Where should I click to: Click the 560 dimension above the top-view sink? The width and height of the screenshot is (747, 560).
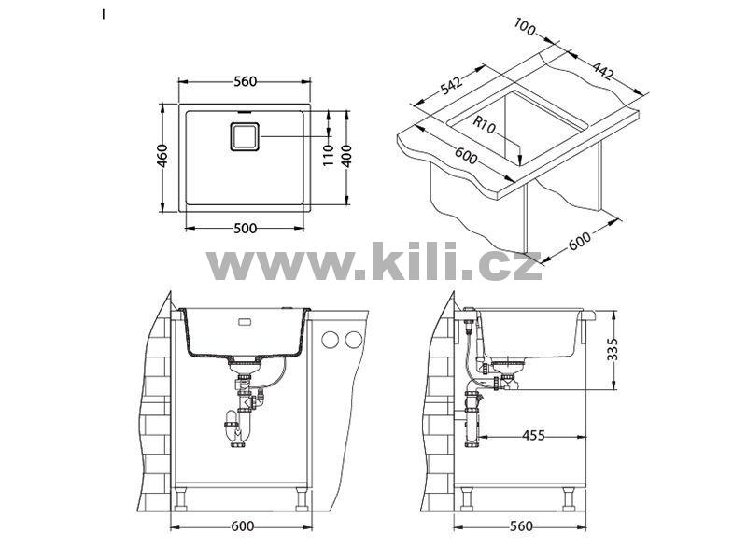[245, 81]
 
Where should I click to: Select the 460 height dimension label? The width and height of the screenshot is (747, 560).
[162, 156]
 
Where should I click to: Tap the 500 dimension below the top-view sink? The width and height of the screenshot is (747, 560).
[246, 229]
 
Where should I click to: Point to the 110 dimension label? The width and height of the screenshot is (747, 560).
[329, 155]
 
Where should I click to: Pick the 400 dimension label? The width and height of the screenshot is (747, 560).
[346, 155]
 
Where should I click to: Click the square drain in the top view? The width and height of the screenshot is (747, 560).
[245, 136]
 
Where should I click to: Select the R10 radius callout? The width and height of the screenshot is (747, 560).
[485, 125]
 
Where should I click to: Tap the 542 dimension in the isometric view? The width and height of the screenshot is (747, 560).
[451, 85]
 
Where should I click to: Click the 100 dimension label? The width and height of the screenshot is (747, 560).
[525, 27]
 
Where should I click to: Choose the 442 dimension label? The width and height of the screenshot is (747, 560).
[602, 71]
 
